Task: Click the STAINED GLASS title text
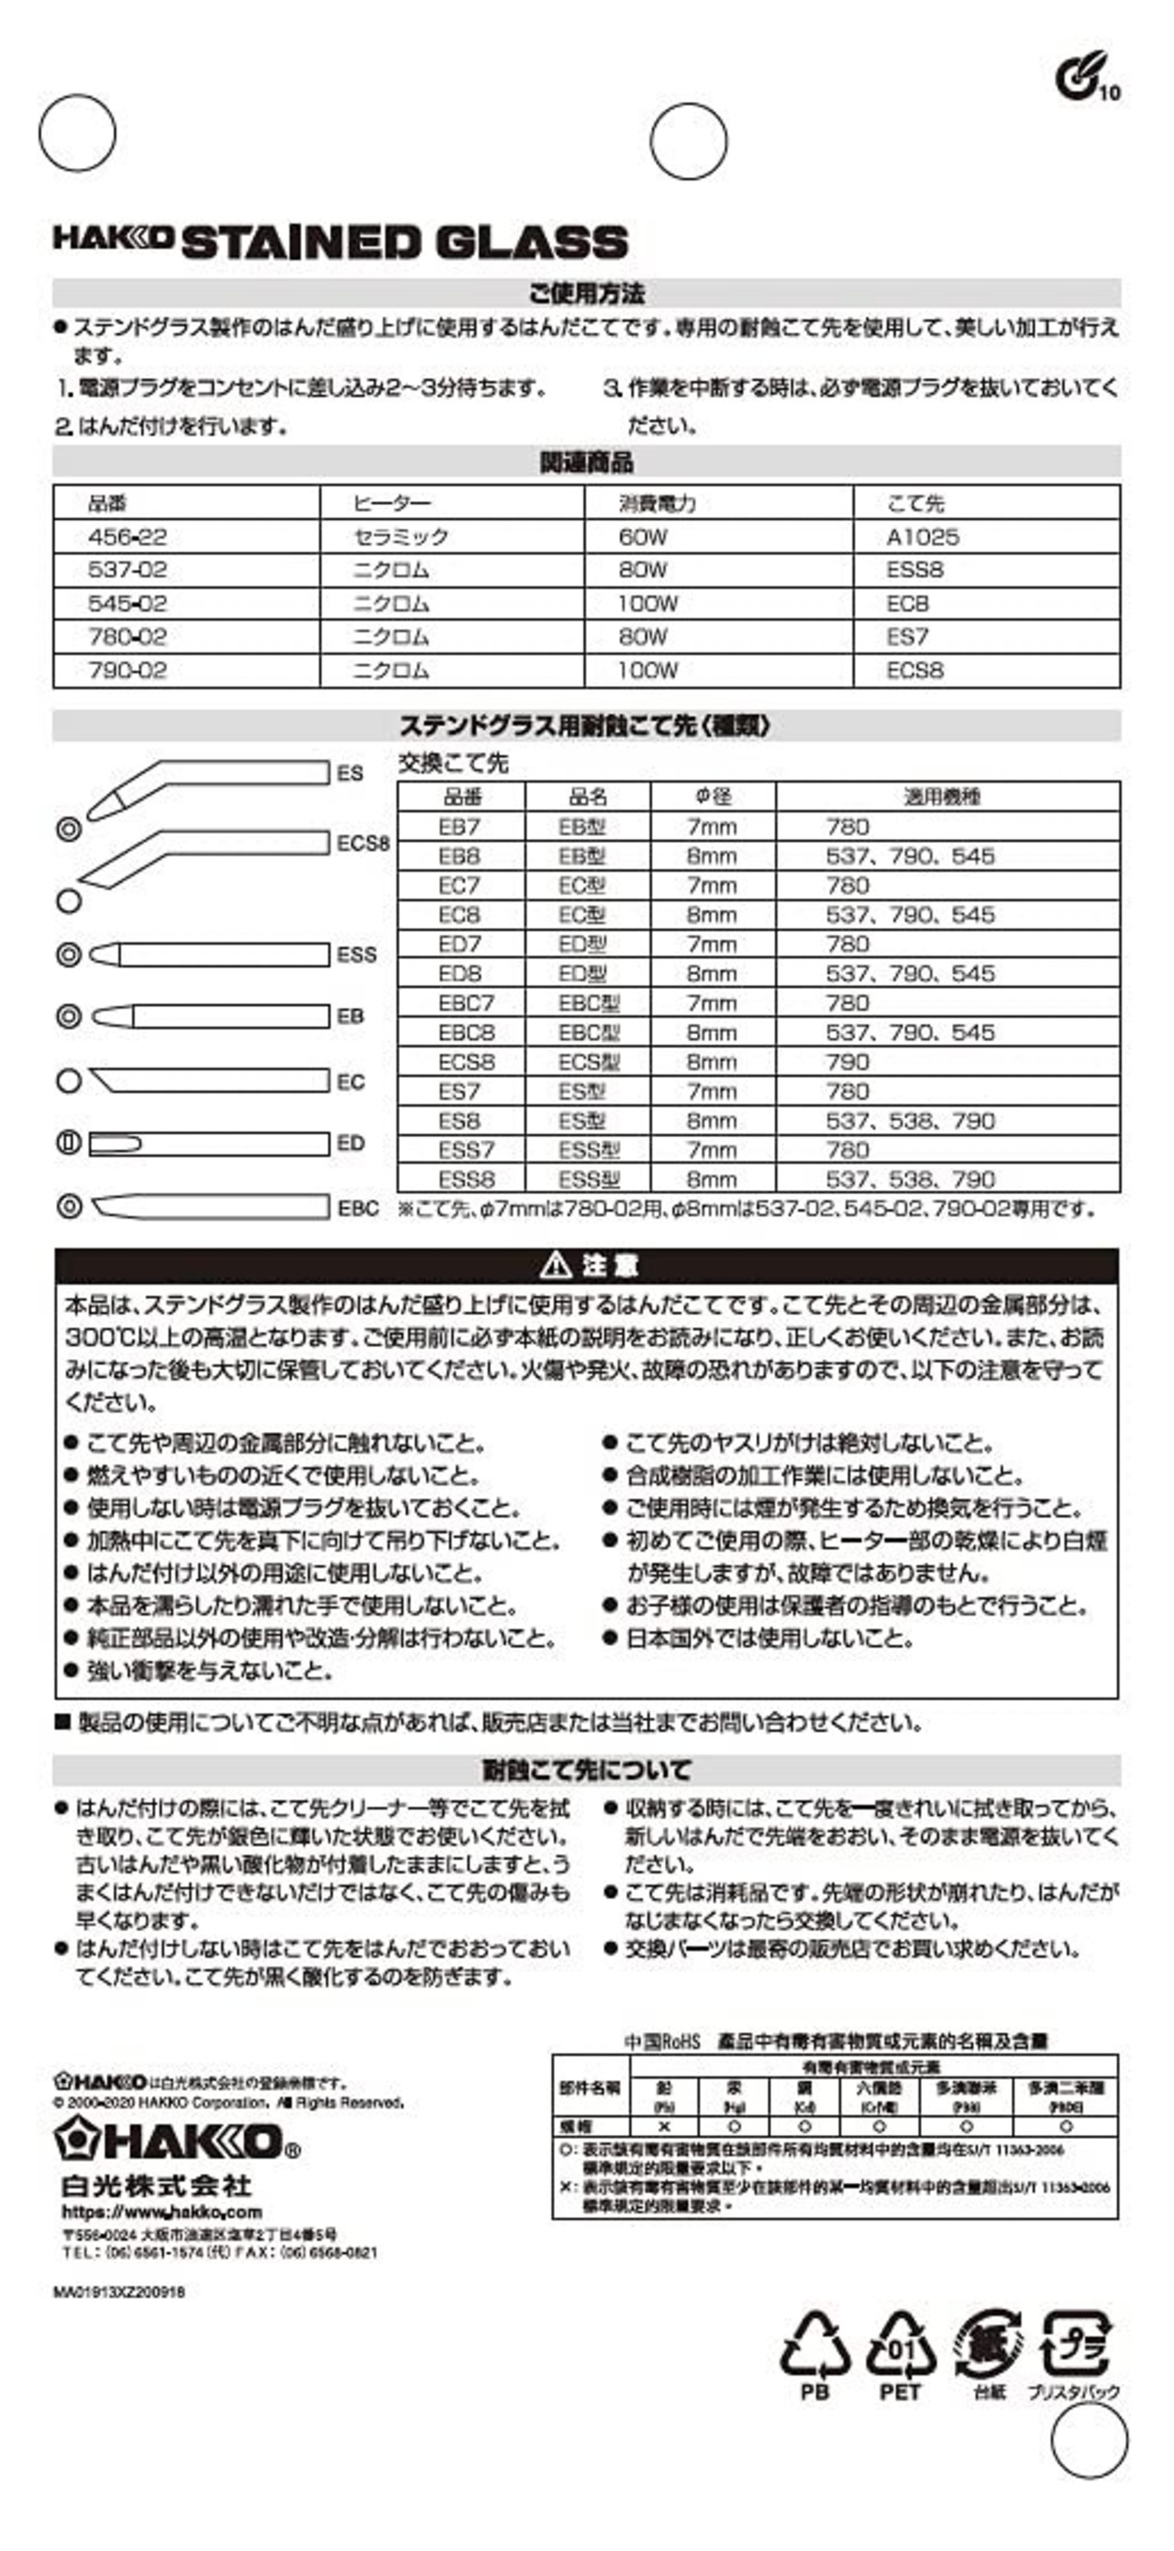coord(404,242)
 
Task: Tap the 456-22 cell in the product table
coord(127,537)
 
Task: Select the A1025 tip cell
coord(922,537)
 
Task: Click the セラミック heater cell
coord(401,537)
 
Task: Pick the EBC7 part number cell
coord(465,1003)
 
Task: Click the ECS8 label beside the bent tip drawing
coord(363,844)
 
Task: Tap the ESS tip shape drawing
coord(209,955)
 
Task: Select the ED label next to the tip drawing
coord(350,1143)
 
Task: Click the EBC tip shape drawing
coord(209,1206)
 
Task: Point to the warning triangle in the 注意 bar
coord(557,1265)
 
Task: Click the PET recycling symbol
coord(900,2346)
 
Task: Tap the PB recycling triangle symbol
coord(814,2346)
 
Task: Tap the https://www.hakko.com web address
coord(161,2212)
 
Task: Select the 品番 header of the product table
coord(107,503)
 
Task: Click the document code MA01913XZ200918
coord(119,2291)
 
